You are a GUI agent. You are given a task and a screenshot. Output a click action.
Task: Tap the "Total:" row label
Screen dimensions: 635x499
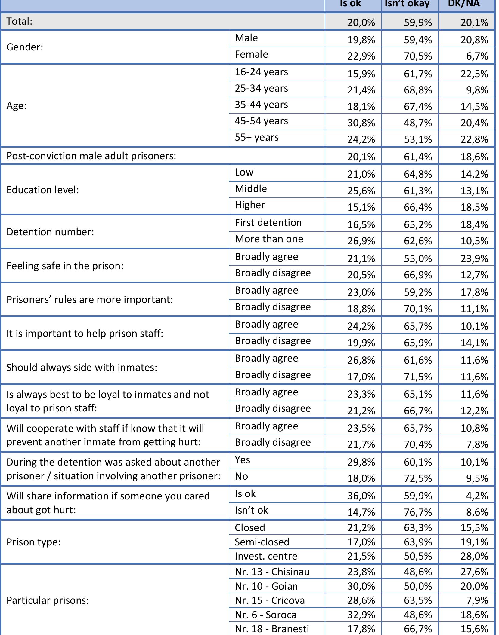19,21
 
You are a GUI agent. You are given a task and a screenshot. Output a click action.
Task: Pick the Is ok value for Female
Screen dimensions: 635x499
361,56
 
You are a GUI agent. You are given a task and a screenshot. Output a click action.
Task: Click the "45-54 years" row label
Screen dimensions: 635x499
261,121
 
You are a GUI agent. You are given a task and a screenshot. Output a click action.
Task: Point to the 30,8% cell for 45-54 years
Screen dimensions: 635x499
361,123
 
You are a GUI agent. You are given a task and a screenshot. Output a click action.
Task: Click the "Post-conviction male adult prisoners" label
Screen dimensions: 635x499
91,156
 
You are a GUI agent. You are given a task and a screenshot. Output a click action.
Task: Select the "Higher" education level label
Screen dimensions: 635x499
250,205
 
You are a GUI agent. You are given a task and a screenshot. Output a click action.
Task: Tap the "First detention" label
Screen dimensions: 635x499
268,223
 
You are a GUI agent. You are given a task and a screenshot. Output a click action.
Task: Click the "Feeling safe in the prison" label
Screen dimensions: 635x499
65,266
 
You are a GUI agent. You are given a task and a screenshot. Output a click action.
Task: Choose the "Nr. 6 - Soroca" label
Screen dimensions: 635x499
265,615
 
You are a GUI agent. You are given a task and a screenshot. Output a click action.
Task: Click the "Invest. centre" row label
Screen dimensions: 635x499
266,556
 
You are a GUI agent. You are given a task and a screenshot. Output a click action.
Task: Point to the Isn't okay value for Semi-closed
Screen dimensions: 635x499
418,542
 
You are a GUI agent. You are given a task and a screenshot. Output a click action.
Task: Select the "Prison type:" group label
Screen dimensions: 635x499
33,542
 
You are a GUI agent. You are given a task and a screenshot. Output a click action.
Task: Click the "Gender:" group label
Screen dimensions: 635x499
25,47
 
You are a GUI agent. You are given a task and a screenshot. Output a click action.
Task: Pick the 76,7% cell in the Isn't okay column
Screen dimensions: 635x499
418,512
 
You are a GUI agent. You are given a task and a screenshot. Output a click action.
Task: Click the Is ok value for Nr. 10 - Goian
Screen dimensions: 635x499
361,586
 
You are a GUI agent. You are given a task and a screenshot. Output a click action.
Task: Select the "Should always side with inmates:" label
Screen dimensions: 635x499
82,368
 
